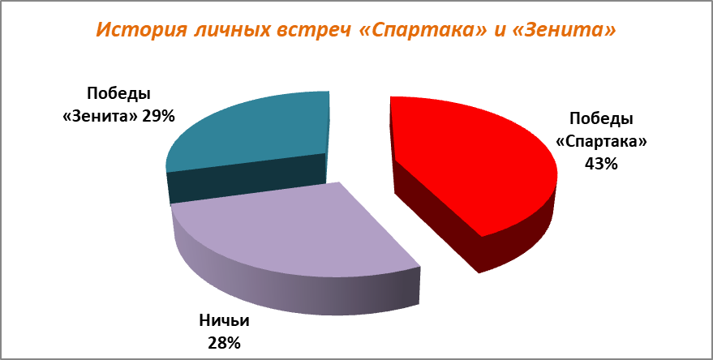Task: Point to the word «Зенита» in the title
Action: (568, 30)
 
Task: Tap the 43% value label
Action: (601, 163)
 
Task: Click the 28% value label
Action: (225, 343)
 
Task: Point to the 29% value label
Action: (158, 117)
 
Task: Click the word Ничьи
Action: (225, 321)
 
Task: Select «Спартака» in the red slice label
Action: (601, 142)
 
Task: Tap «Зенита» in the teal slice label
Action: (100, 117)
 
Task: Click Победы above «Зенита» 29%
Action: (118, 95)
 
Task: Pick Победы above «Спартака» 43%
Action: (601, 119)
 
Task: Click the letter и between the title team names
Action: (506, 32)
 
